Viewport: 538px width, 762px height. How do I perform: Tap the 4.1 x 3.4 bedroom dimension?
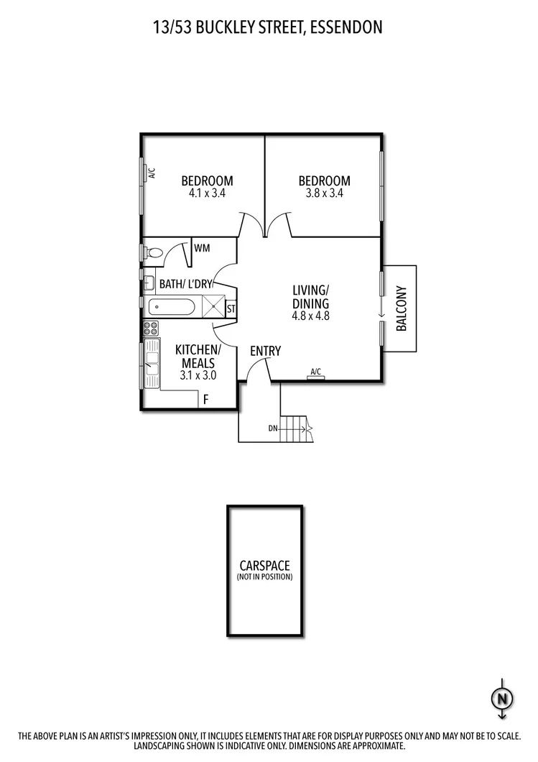point(207,193)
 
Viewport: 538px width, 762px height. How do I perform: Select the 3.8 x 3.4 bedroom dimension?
point(324,193)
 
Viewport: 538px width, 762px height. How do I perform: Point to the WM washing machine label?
point(202,249)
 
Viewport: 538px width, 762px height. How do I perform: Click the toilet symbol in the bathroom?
point(152,253)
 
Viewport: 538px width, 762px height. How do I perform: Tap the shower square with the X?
point(213,306)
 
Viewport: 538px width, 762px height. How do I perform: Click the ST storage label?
point(231,309)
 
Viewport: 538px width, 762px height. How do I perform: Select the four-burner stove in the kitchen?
point(151,329)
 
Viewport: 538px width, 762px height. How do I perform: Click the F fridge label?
point(205,399)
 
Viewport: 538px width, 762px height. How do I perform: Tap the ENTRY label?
point(265,351)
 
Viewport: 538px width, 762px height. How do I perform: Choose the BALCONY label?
point(402,308)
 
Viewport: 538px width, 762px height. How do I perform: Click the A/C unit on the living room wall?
point(315,377)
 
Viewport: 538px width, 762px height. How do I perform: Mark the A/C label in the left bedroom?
point(152,173)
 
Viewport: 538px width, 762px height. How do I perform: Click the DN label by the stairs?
point(273,429)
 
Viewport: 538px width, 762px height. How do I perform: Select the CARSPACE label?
point(265,566)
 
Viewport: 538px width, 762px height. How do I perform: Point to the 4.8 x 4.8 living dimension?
point(310,315)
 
